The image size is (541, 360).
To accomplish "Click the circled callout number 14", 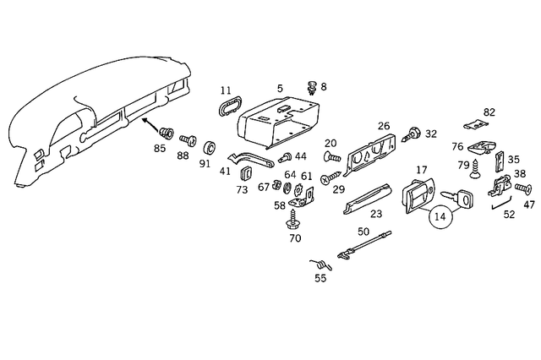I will click(x=440, y=217).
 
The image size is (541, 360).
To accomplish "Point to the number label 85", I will click(x=160, y=150).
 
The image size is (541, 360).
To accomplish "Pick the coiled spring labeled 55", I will click(x=319, y=263).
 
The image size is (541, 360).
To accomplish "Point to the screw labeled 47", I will click(x=523, y=188).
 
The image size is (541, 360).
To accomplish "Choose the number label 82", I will click(x=489, y=112).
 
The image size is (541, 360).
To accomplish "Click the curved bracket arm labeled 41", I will click(x=250, y=160).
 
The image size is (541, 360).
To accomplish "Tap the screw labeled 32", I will click(x=414, y=133).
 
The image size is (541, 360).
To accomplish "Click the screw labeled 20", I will click(x=332, y=157).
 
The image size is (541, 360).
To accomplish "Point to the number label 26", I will click(x=383, y=126).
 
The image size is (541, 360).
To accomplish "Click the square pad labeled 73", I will click(x=248, y=174).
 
